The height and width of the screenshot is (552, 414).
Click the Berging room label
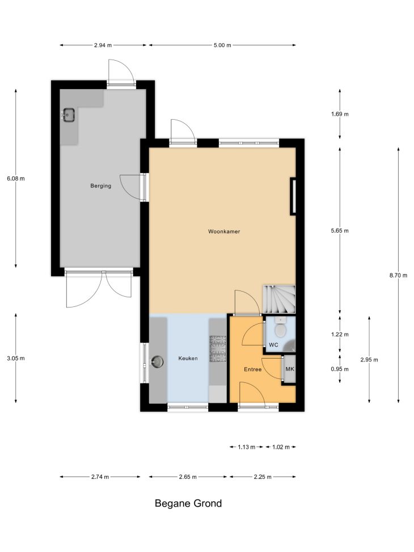coord(101,186)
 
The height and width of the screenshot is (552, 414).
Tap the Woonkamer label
coord(224,231)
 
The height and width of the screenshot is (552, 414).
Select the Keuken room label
coord(188,359)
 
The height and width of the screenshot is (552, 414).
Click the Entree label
coord(253,369)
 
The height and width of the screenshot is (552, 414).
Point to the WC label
coord(273,345)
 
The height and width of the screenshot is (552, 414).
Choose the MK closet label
coord(290,369)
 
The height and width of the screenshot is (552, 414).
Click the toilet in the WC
coord(281,328)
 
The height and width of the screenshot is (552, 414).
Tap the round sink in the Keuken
coord(157,361)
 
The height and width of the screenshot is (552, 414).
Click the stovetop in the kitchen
coord(218,349)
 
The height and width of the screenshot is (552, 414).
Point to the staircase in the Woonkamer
coord(279,299)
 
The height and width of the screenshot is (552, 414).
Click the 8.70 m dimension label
coord(398,276)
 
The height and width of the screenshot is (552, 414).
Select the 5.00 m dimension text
coord(222,45)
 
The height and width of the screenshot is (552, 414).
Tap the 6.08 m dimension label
coord(16,179)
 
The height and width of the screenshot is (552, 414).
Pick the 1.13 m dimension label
coord(247,447)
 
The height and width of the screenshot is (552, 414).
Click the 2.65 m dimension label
coord(188,477)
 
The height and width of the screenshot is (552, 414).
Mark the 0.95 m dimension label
coord(340,369)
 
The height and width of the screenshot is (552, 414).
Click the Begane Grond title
coord(188,503)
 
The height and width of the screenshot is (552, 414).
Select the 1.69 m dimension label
coord(340,114)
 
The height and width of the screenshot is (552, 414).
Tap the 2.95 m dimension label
coord(369,360)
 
